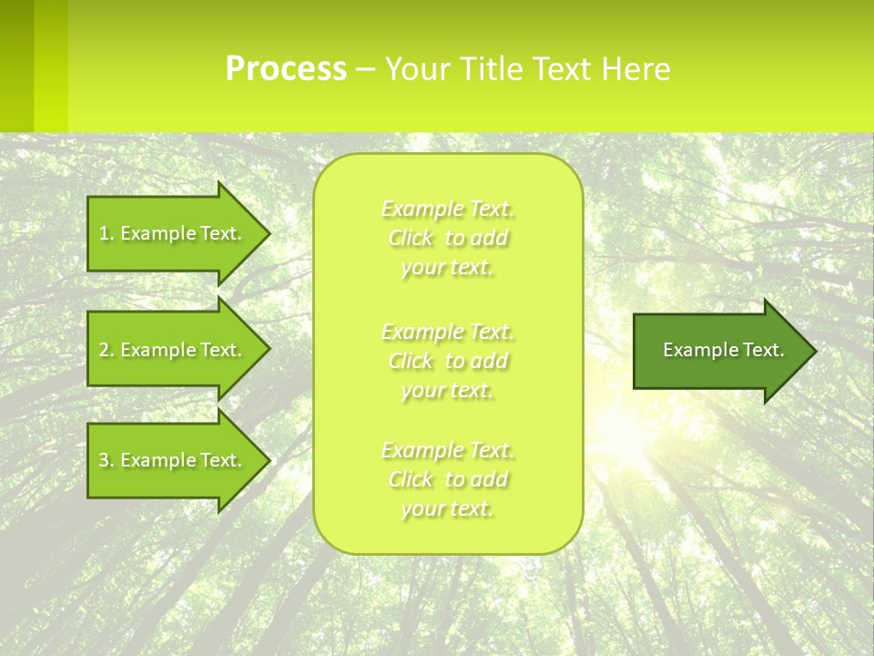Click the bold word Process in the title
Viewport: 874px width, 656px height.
[286, 69]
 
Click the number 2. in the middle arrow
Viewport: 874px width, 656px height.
[107, 350]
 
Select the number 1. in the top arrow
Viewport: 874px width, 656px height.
[107, 233]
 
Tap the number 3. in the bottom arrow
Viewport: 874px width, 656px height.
[107, 460]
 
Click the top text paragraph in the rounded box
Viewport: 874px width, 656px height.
[448, 238]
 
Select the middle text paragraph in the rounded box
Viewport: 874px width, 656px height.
[448, 361]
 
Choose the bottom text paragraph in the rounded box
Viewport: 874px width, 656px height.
[448, 479]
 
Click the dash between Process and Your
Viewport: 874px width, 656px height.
[365, 70]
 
